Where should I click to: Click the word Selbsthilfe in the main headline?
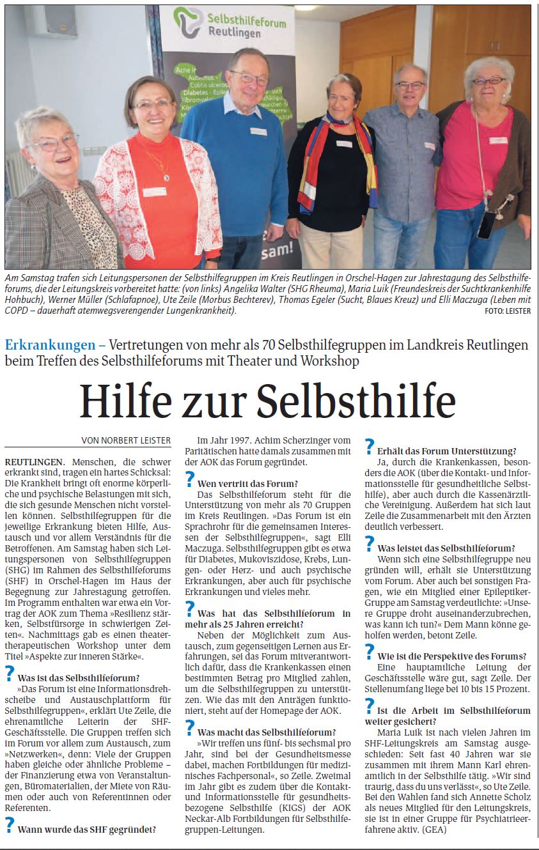point(356,401)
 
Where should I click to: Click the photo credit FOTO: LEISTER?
point(508,311)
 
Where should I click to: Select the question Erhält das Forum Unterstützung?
point(446,451)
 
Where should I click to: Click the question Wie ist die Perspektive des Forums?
point(451,656)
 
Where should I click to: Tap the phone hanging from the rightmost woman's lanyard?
point(485,224)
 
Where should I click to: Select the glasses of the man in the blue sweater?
point(249,79)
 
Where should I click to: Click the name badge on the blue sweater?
point(258,132)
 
